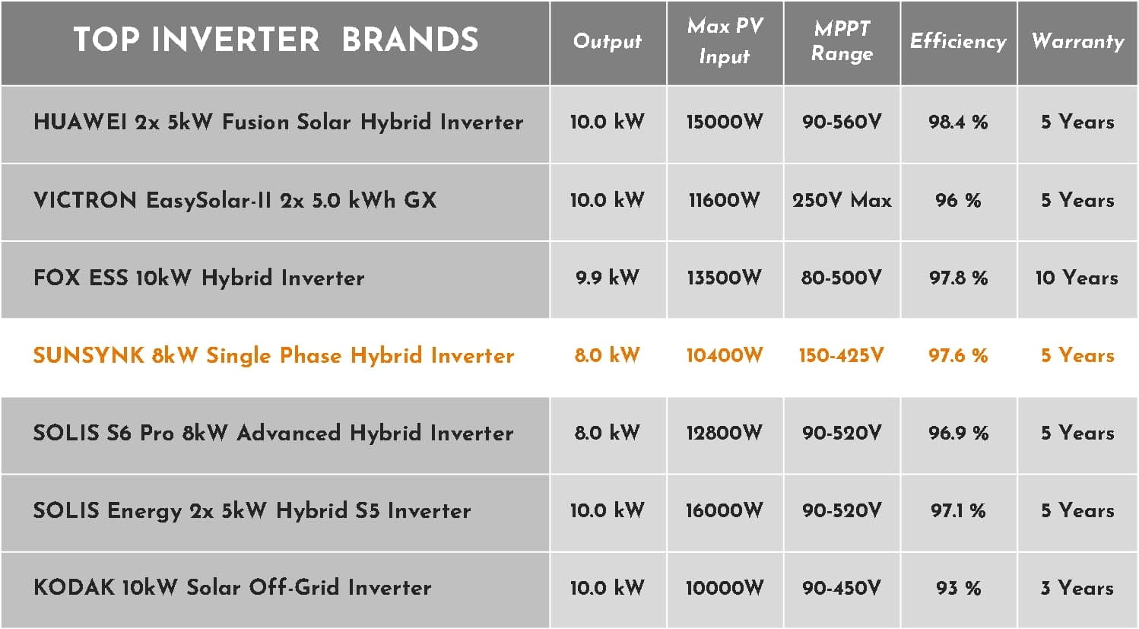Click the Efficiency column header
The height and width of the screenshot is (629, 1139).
click(x=958, y=41)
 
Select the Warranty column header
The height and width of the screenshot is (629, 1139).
click(x=1077, y=41)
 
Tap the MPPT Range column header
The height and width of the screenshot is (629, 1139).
click(x=842, y=41)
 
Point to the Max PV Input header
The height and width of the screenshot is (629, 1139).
click(x=725, y=41)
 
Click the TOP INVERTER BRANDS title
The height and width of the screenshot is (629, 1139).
click(x=276, y=39)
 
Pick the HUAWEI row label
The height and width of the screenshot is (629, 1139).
click(x=278, y=122)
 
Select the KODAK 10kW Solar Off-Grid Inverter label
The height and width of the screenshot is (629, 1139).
click(x=233, y=588)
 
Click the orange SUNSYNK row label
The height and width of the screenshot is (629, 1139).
click(x=274, y=355)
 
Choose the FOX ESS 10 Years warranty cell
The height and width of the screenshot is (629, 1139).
click(x=1077, y=278)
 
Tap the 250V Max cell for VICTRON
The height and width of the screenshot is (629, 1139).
click(x=842, y=200)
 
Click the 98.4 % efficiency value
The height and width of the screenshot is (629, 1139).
click(x=958, y=122)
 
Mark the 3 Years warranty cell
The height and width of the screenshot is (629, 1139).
click(x=1077, y=589)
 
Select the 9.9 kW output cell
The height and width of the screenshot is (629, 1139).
click(x=607, y=278)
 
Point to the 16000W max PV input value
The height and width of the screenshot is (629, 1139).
click(x=725, y=510)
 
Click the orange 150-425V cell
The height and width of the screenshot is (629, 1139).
click(x=842, y=355)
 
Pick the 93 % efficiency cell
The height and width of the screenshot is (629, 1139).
click(x=958, y=589)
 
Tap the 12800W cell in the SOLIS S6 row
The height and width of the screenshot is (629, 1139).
click(x=725, y=434)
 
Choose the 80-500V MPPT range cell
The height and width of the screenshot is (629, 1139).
click(x=842, y=278)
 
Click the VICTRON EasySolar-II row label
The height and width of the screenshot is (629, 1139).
click(x=235, y=200)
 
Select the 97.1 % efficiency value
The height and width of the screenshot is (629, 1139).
click(x=958, y=510)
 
